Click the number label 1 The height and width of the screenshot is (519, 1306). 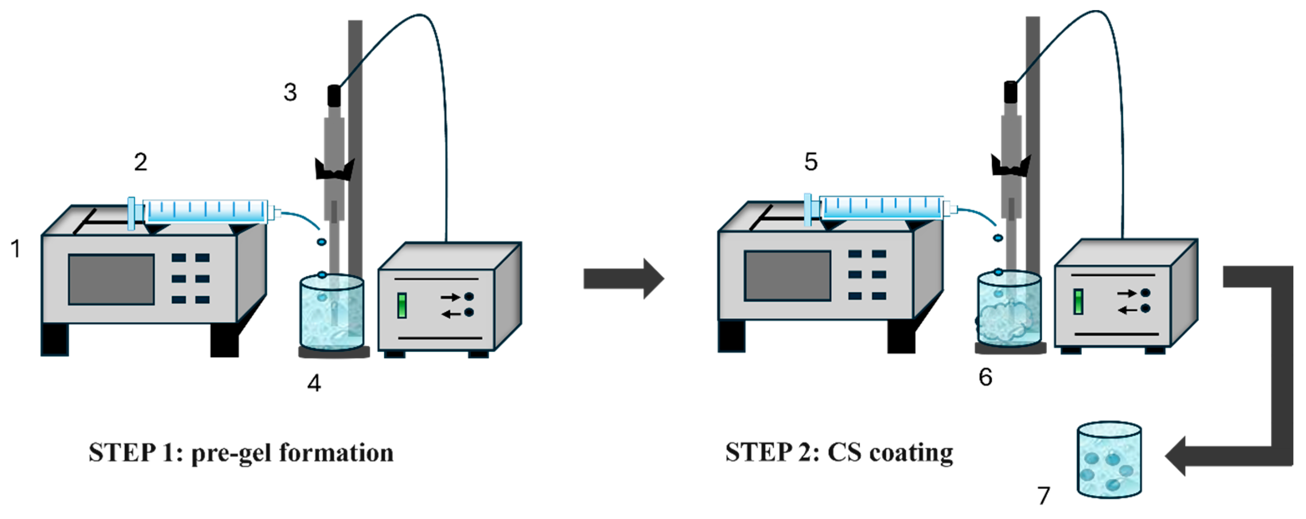point(16,249)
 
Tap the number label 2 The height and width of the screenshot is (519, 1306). point(140,162)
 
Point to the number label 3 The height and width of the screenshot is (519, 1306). point(290,92)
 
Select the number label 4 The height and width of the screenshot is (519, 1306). point(314,383)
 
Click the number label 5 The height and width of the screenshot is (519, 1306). point(810,162)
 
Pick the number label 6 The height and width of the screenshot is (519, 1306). point(985,377)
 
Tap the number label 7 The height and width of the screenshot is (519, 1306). point(1044,496)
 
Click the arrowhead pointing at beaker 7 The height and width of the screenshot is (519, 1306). point(1177,456)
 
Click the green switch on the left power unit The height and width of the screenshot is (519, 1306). point(402,306)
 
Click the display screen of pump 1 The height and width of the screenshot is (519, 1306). point(111,280)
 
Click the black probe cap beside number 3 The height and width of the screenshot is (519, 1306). point(334,96)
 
